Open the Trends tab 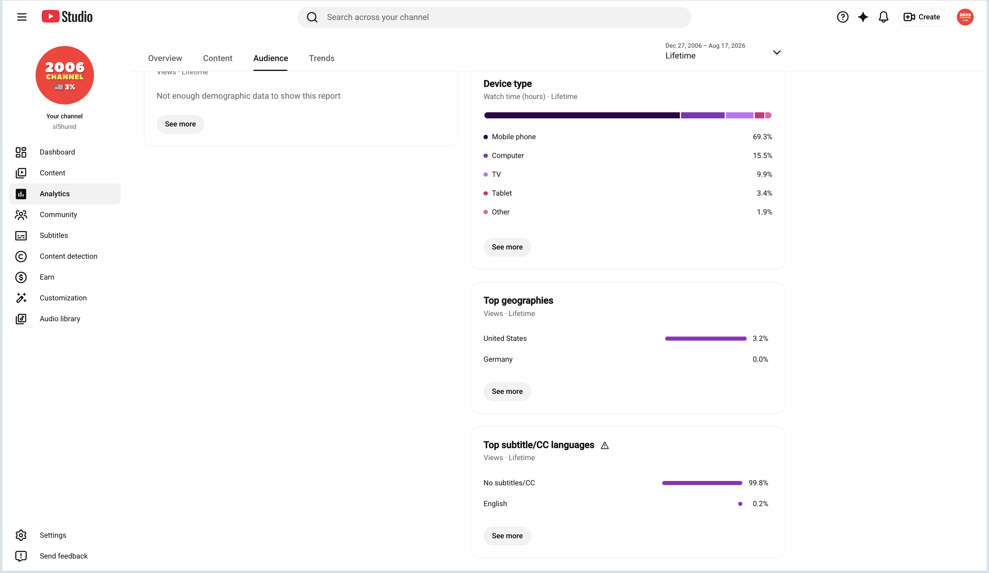322,58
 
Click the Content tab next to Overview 217,58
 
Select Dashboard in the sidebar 57,152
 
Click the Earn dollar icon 21,277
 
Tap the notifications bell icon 883,17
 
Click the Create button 922,17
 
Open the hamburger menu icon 22,17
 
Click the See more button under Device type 507,247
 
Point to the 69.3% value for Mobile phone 762,137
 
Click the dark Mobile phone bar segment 582,115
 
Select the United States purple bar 706,339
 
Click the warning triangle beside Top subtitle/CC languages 605,445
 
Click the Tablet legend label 501,193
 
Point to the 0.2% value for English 760,504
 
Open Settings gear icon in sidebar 21,535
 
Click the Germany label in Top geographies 498,359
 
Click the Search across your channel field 494,17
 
